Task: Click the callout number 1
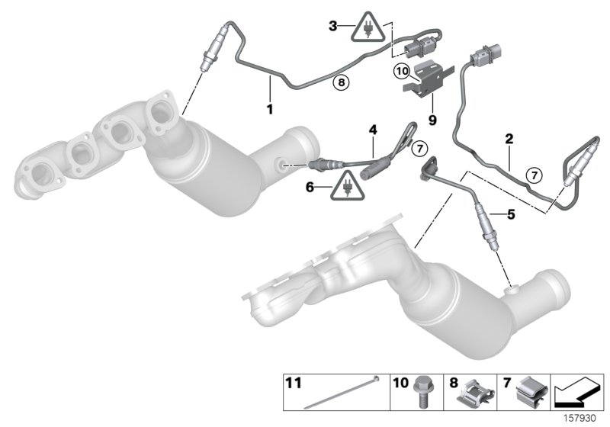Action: pos(269,110)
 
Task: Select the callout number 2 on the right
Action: pos(509,139)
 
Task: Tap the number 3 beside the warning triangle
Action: pos(332,26)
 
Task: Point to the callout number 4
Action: pos(372,130)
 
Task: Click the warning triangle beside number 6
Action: pos(346,184)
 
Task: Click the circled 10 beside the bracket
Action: pos(402,71)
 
